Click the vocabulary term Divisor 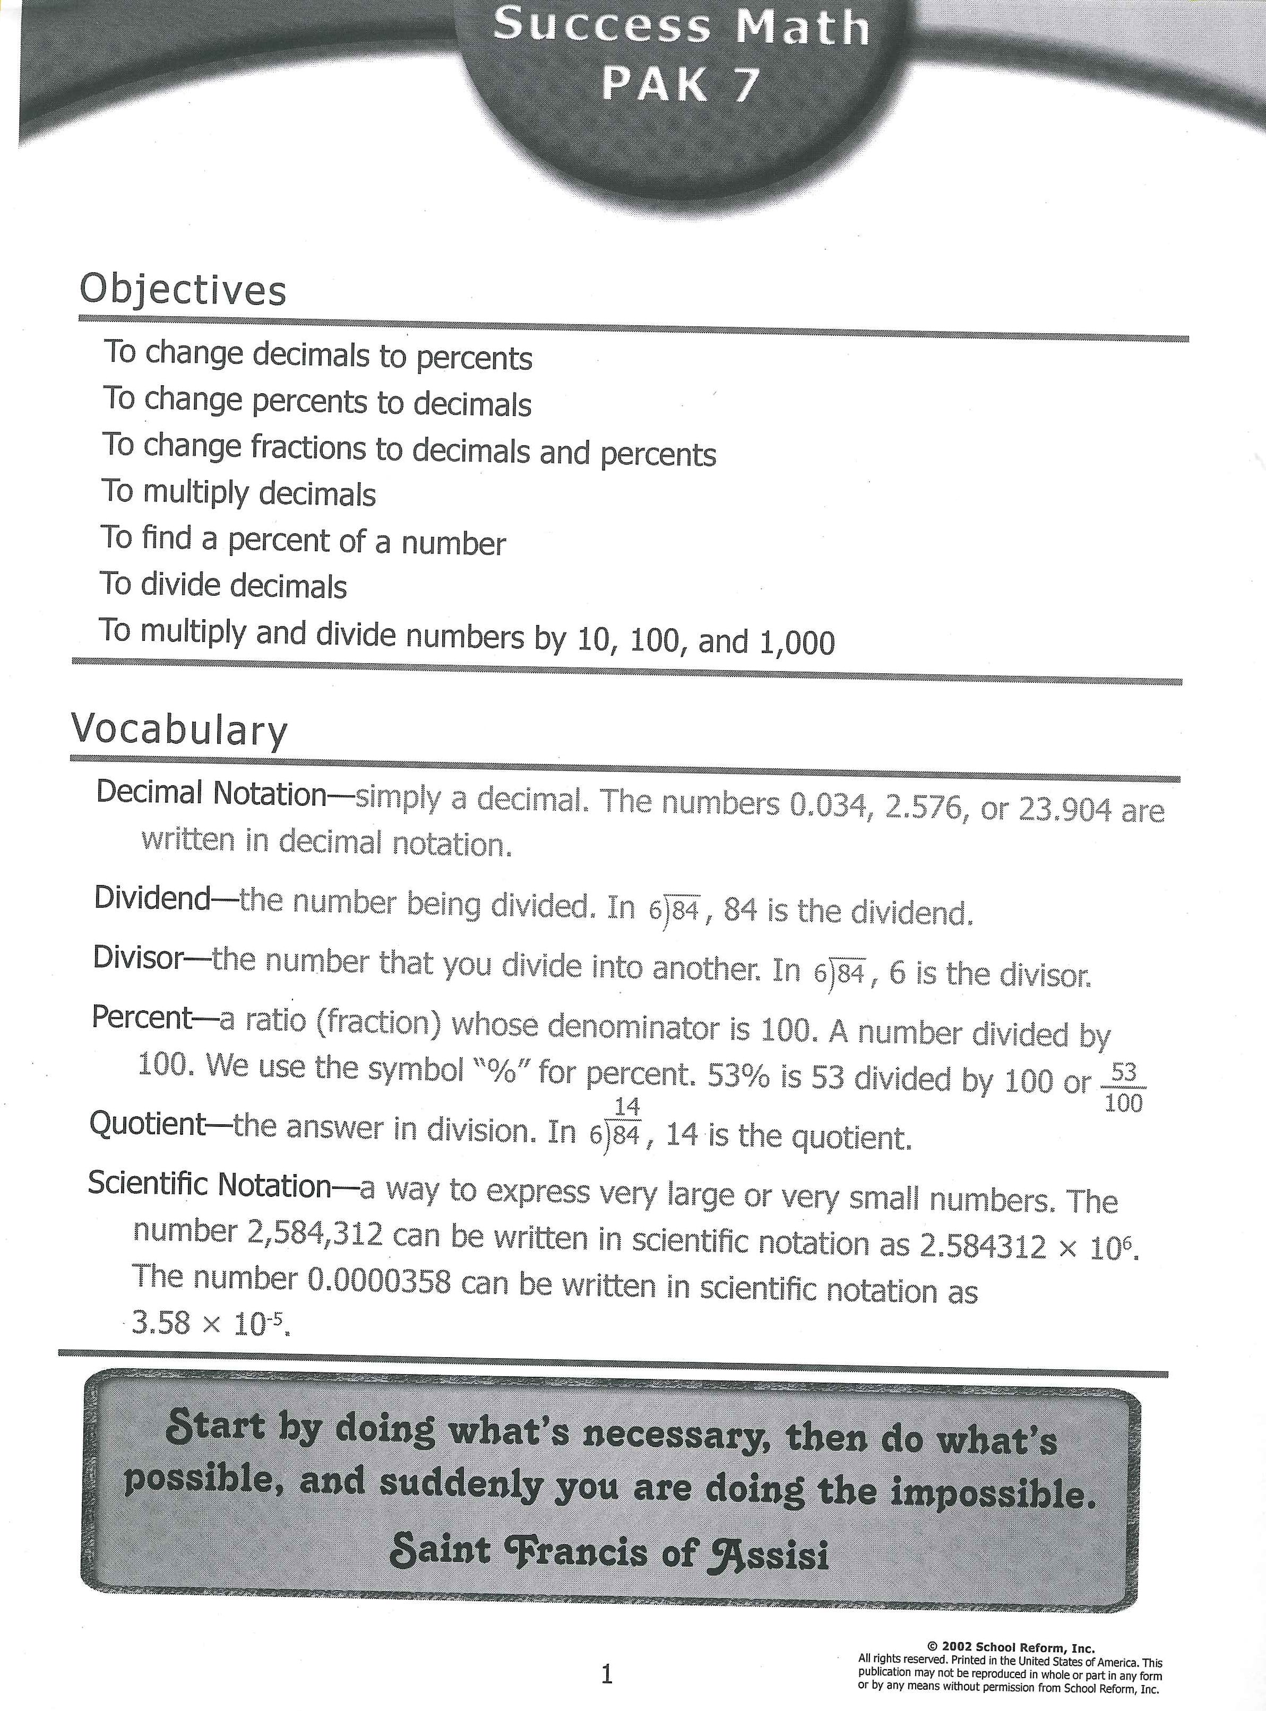click(x=138, y=957)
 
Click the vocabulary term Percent click(x=142, y=1017)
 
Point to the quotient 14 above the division click(x=627, y=1107)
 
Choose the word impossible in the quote click(x=993, y=1492)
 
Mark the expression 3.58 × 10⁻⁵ click(x=211, y=1323)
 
